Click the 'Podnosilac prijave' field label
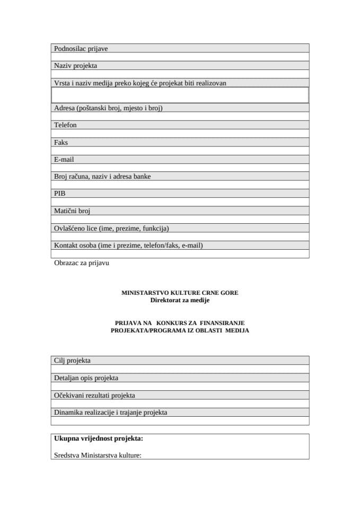[x=81, y=49]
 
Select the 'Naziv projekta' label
[x=75, y=66]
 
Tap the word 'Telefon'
[x=65, y=125]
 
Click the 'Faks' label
[x=61, y=142]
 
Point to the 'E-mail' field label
[x=64, y=159]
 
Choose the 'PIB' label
[x=60, y=194]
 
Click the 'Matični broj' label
[x=72, y=210]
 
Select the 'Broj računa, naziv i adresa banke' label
[x=102, y=176]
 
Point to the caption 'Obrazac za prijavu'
[x=82, y=262]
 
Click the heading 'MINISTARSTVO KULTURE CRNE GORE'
[x=180, y=293]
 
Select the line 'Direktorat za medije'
[x=180, y=301]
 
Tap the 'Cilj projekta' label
[x=73, y=361]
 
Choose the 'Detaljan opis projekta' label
[x=86, y=378]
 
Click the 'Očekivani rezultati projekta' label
[x=94, y=395]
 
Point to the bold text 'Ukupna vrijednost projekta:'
[x=99, y=438]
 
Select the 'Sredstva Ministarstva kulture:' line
[x=98, y=455]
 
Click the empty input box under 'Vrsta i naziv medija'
[x=180, y=95]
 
